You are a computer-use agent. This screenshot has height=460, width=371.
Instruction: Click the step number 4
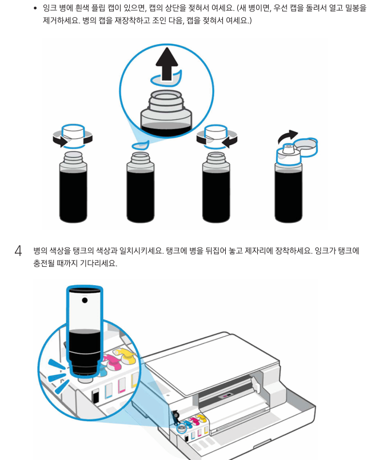pyautogui.click(x=18, y=251)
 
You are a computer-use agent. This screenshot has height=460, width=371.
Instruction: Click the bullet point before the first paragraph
pyautogui.click(x=35, y=9)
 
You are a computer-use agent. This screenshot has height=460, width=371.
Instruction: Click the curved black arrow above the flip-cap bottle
pyautogui.click(x=287, y=137)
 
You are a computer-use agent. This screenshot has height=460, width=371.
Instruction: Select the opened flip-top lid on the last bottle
pyautogui.click(x=307, y=146)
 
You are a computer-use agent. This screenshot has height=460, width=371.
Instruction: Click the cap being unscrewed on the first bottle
pyautogui.click(x=72, y=135)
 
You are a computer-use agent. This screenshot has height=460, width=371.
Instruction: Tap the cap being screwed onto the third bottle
pyautogui.click(x=215, y=135)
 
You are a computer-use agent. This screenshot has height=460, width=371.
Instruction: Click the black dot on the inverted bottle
pyautogui.click(x=85, y=299)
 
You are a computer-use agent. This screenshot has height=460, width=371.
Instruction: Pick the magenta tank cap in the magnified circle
pyautogui.click(x=112, y=361)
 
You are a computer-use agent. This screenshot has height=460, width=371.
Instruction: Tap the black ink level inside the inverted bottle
pyautogui.click(x=84, y=343)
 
